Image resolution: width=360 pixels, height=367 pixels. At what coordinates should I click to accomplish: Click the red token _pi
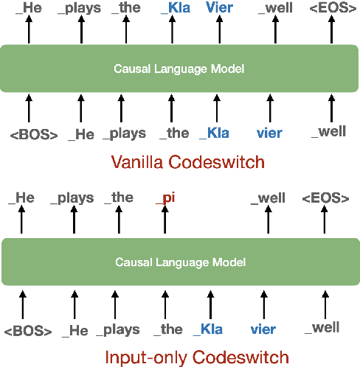(x=164, y=198)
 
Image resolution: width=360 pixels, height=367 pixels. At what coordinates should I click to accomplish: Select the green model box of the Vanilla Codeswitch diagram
(x=179, y=69)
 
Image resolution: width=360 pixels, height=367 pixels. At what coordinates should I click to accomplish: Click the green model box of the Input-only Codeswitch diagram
(x=179, y=261)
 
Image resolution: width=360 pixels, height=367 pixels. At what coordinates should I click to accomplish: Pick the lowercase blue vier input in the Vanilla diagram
(x=269, y=133)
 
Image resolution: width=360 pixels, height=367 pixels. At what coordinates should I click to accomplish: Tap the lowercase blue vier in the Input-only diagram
(x=263, y=329)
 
